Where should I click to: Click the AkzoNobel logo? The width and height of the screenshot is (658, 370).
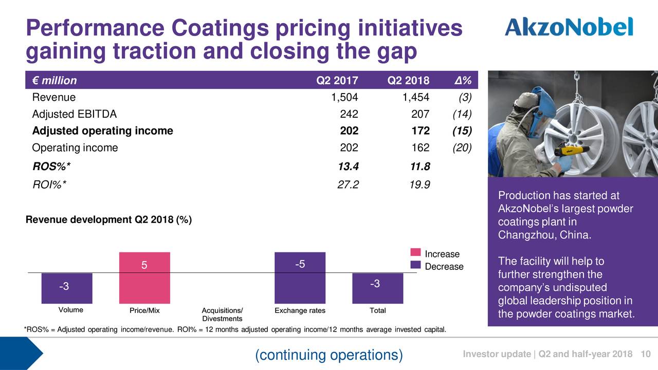569,26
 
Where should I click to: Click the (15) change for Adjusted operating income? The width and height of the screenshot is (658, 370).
462,131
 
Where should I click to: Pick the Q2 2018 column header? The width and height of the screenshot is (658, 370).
408,81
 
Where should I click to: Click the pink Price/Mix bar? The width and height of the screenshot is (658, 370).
144,277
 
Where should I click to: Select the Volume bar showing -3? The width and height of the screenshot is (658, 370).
67,288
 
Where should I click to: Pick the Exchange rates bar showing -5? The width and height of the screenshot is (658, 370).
300,277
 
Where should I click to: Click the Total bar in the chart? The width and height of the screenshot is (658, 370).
377,288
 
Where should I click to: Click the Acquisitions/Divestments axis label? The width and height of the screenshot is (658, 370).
222,314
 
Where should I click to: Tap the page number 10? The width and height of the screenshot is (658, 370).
646,355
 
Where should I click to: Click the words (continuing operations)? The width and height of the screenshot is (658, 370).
329,355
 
